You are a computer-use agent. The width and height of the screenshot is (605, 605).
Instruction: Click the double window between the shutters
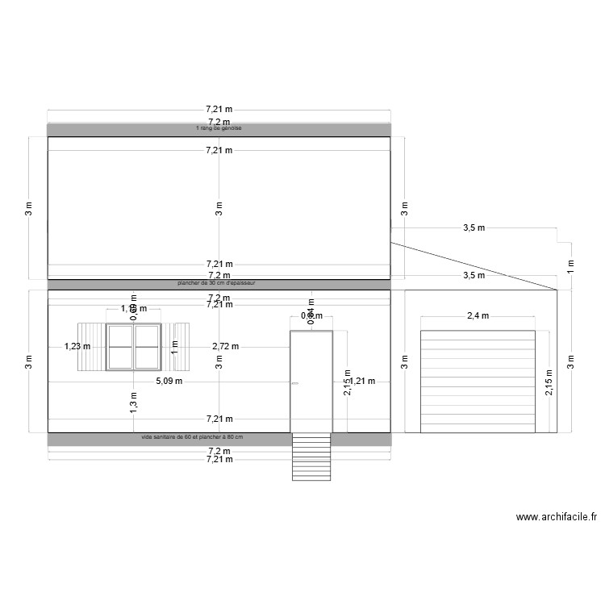coord(134,347)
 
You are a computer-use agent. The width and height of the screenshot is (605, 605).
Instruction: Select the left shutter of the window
coord(91,347)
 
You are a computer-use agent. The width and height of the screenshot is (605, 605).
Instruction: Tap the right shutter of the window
coord(178,347)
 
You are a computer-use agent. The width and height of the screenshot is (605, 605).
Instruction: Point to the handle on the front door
coord(294,382)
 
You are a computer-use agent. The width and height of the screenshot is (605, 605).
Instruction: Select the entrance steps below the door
coord(311,457)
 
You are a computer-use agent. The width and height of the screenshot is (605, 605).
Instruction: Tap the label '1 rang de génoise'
coord(219,128)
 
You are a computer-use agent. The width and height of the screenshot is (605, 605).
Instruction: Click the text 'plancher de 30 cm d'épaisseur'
coord(218,284)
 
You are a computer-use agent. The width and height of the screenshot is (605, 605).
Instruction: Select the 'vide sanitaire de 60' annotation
coord(192,437)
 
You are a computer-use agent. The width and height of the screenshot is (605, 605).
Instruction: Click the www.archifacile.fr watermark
coord(556,518)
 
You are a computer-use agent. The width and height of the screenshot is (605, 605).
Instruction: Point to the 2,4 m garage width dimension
coord(478,316)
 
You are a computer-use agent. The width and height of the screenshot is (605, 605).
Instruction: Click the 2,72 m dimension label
coord(225,346)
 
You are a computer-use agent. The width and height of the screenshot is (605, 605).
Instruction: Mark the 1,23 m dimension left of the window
coord(77,346)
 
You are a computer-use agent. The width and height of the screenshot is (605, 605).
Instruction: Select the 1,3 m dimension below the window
coord(134,401)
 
